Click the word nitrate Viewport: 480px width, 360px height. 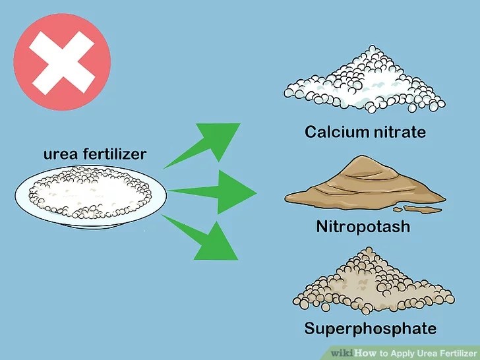click(x=400, y=132)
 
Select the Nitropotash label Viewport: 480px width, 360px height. click(x=363, y=227)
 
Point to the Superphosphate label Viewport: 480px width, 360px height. click(x=370, y=328)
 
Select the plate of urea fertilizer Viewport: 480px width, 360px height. click(x=90, y=194)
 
